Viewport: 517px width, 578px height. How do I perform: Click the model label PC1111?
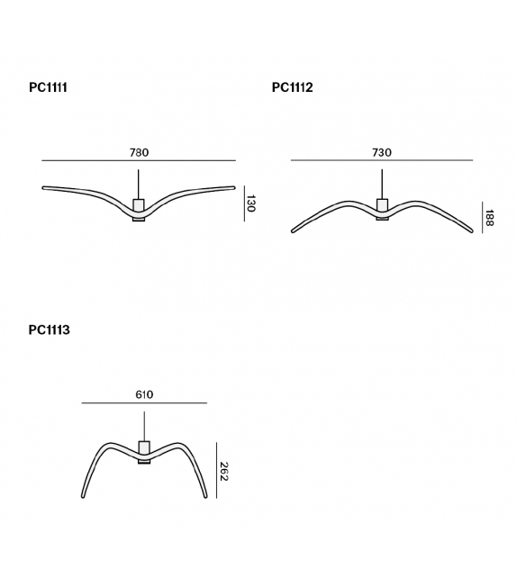click(48, 88)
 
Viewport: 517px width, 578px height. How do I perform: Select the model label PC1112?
click(292, 88)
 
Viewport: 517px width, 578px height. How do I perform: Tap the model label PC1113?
click(49, 330)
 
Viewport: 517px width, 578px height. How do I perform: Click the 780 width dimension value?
click(139, 152)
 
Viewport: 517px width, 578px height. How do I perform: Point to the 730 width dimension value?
click(382, 152)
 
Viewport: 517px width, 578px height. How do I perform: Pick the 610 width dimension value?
click(144, 394)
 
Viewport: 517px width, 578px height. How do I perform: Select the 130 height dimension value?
click(251, 204)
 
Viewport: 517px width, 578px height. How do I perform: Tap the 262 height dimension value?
click(224, 471)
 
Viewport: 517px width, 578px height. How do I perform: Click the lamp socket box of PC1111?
click(139, 205)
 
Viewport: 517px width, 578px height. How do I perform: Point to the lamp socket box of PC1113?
click(144, 447)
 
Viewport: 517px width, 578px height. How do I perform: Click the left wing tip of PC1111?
click(45, 188)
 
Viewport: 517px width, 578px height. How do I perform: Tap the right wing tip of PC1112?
click(471, 232)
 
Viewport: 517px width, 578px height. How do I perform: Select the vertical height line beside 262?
click(214, 470)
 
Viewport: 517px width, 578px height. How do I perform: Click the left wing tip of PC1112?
click(293, 232)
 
